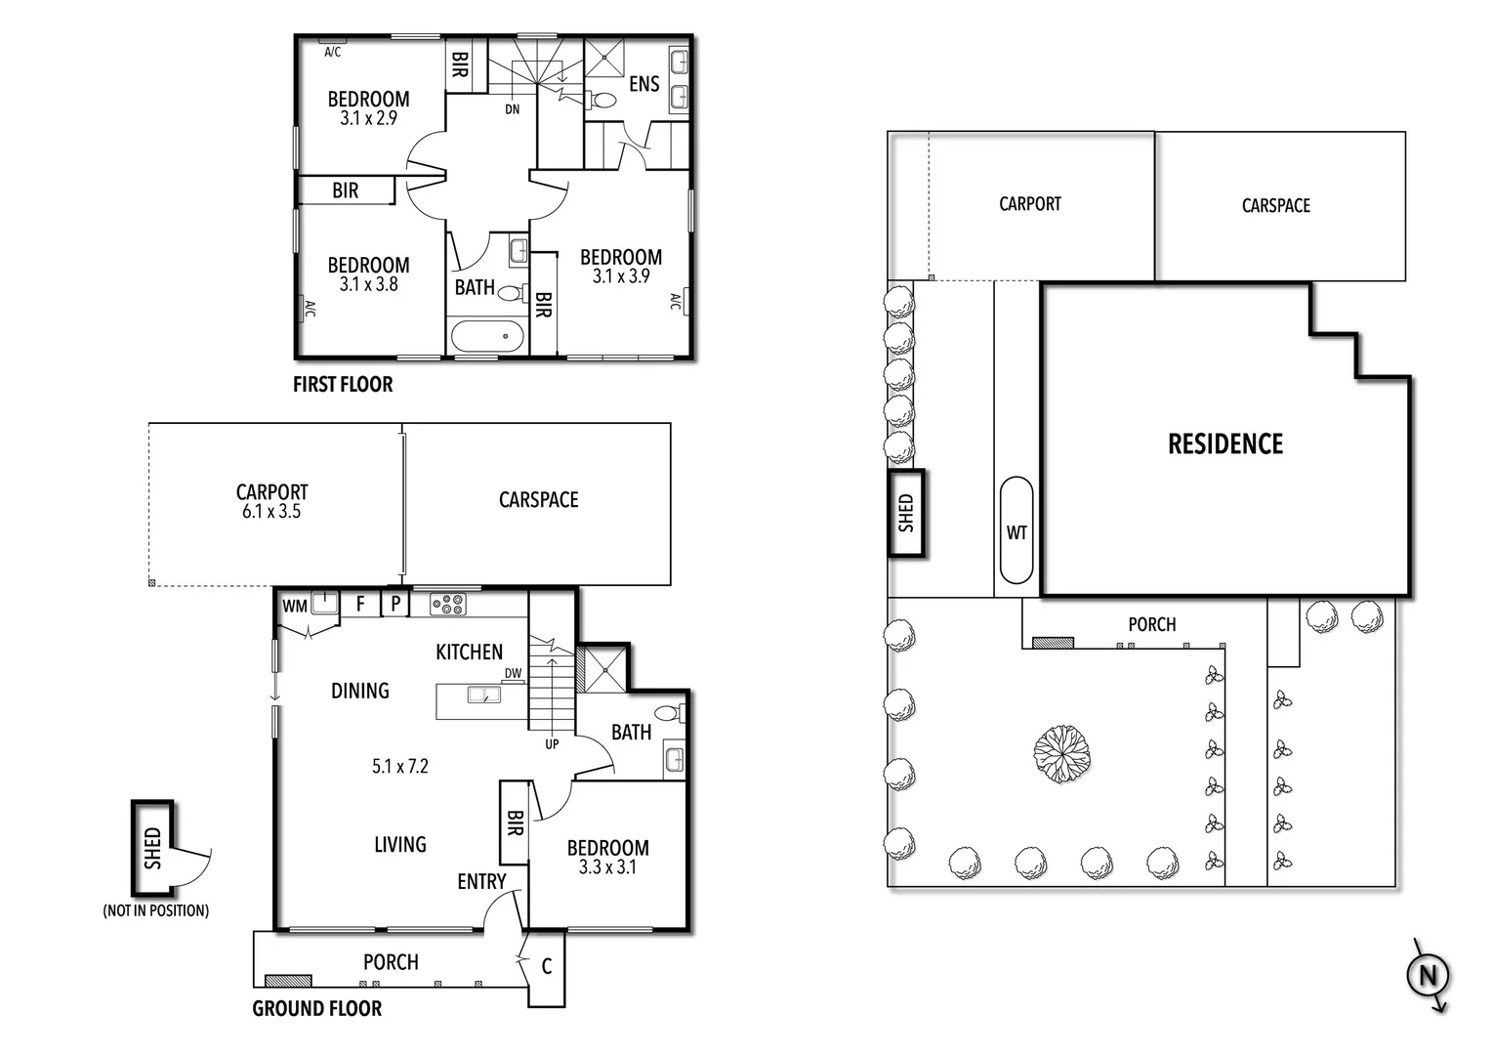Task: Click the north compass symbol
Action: pos(1428,975)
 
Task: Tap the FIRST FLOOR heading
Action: pos(343,385)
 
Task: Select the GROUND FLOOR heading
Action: pos(317,1008)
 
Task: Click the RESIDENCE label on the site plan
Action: pos(1225,444)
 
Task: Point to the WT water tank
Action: pos(1016,532)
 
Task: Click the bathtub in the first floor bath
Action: pos(487,337)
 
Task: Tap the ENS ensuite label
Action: pos(643,85)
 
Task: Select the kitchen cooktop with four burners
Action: pos(448,605)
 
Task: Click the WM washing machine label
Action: pos(295,607)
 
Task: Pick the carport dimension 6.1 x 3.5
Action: pos(271,512)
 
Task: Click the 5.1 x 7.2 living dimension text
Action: pos(400,767)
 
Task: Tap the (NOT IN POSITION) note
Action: pos(156,910)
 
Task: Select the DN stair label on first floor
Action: pos(513,109)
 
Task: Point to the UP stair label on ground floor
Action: pos(552,744)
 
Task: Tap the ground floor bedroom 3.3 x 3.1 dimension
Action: pos(607,866)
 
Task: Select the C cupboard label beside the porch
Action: pos(547,966)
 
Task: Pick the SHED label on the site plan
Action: pos(906,513)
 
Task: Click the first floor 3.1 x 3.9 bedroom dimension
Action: pos(621,276)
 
